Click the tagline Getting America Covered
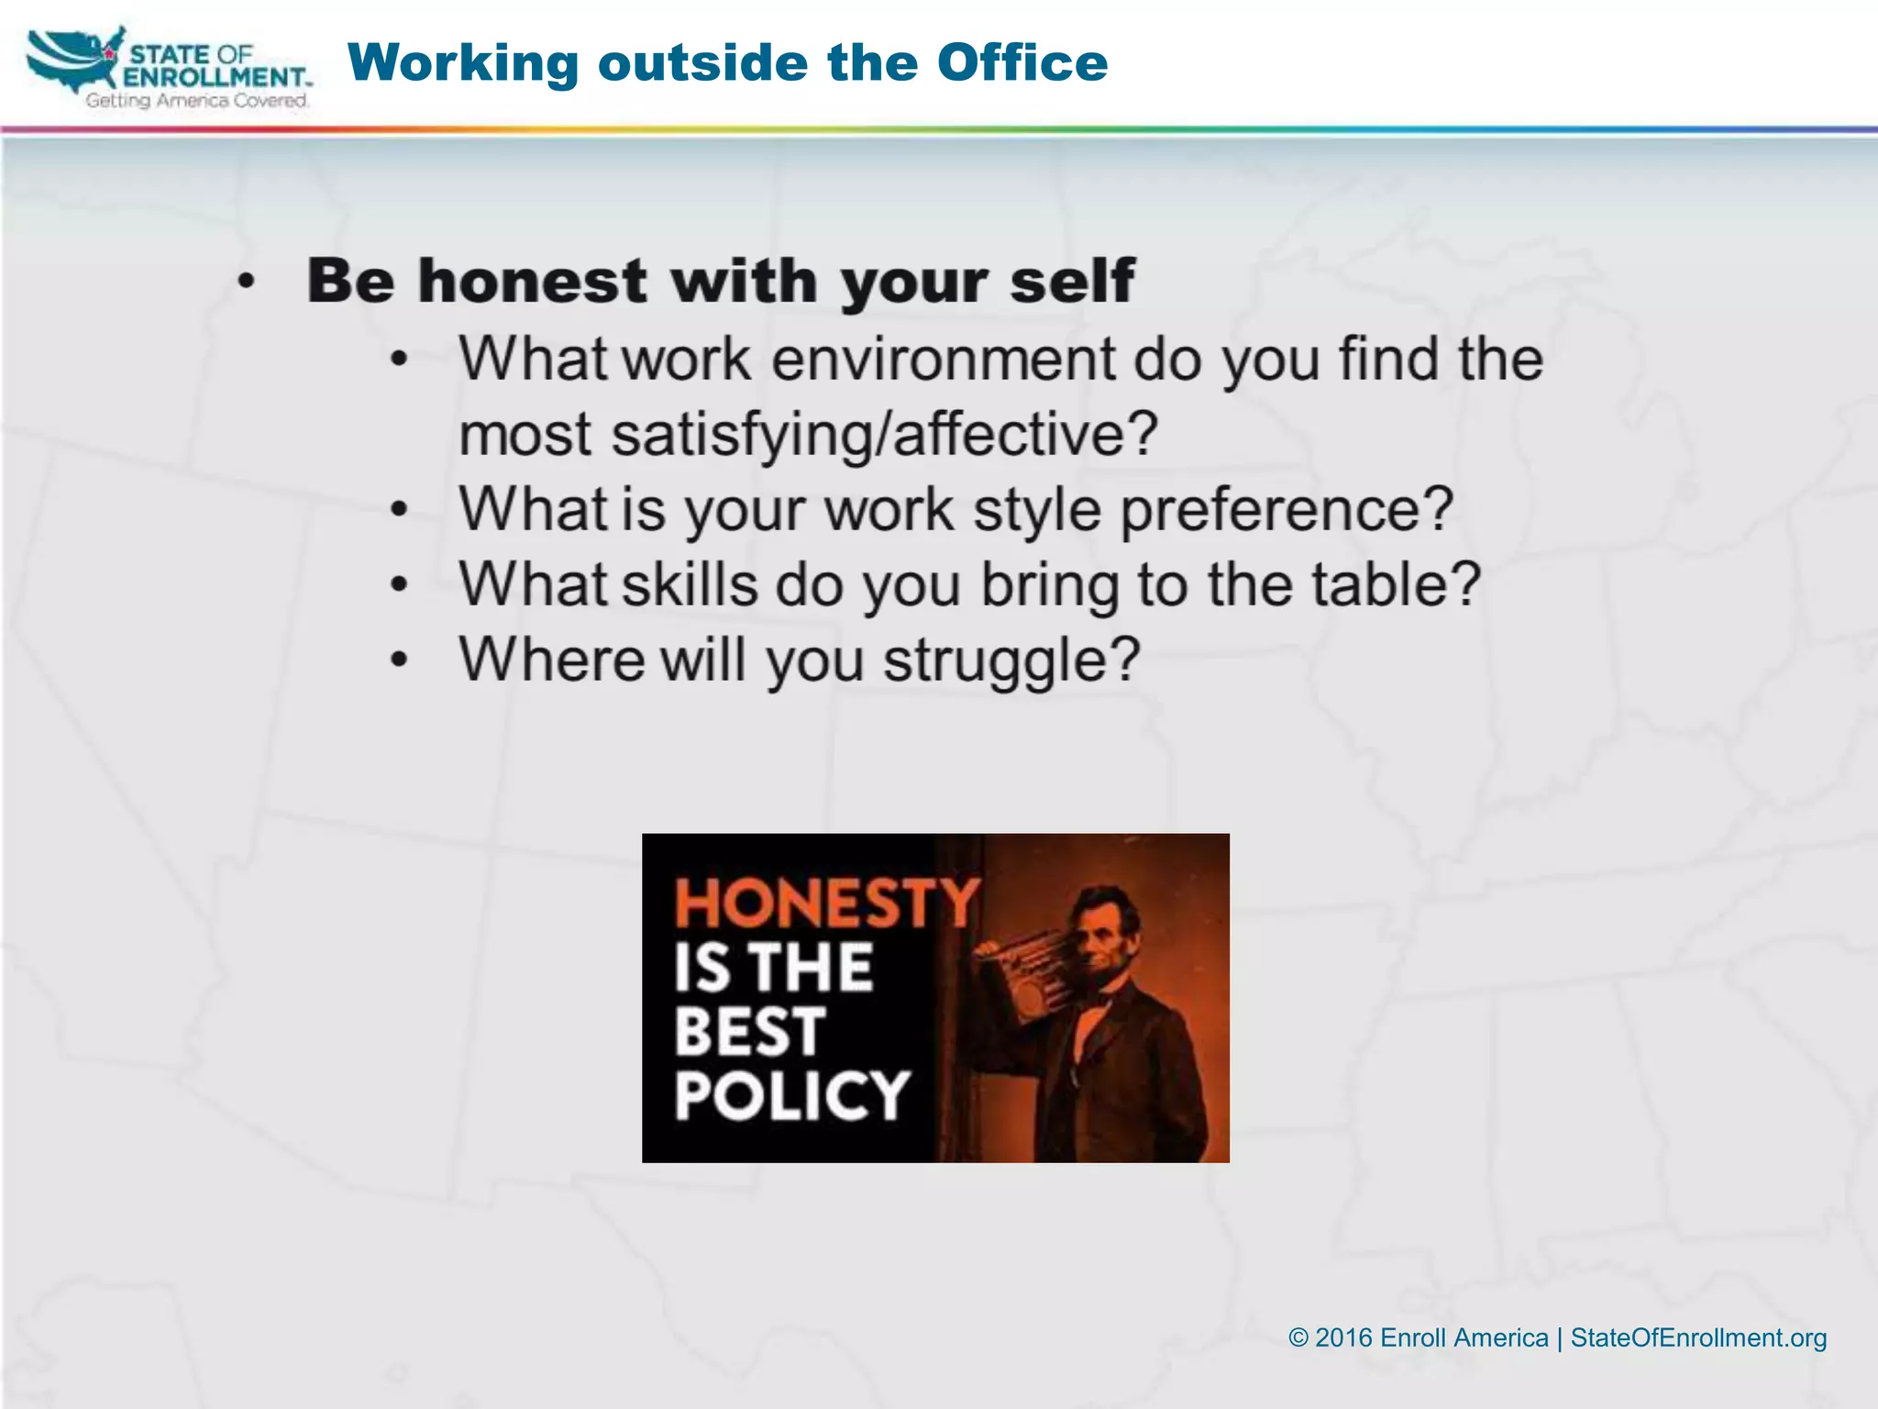coord(197,100)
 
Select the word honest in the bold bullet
coord(532,281)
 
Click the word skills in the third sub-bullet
coord(690,584)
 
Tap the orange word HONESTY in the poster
coord(826,903)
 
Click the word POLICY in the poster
coord(791,1095)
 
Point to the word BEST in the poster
coord(749,1031)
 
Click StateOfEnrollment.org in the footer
coord(1698,1337)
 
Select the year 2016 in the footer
coord(1343,1337)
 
